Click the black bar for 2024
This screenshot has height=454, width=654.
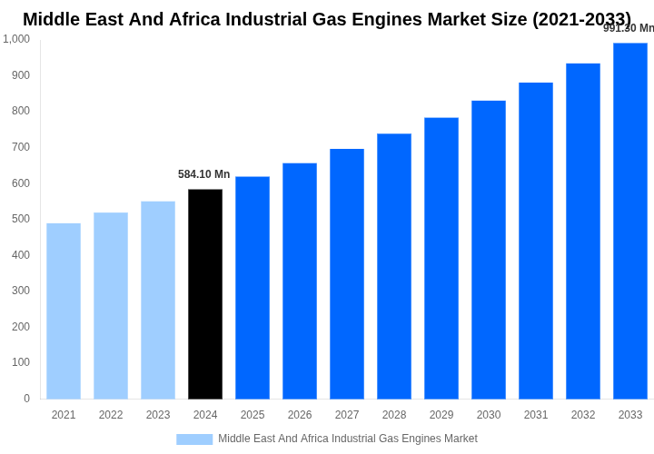pyautogui.click(x=205, y=294)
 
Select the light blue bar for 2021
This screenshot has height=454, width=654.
pyautogui.click(x=64, y=311)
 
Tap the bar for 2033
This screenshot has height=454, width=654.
pyautogui.click(x=630, y=221)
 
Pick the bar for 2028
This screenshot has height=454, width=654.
pyautogui.click(x=394, y=266)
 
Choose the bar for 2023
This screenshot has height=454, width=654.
pyautogui.click(x=158, y=300)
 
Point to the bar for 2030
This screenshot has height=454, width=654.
pyautogui.click(x=489, y=250)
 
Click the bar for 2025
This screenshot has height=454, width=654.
pyautogui.click(x=253, y=288)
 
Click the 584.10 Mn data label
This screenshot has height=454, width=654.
pyautogui.click(x=204, y=174)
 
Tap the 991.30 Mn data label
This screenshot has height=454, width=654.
pyautogui.click(x=629, y=28)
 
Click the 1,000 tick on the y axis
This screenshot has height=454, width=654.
pyautogui.click(x=16, y=39)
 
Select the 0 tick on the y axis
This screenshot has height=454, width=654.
pyautogui.click(x=26, y=399)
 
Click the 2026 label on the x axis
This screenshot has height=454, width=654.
pyautogui.click(x=300, y=415)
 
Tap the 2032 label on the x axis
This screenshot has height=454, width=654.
pyautogui.click(x=583, y=415)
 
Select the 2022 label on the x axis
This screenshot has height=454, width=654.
pyautogui.click(x=111, y=415)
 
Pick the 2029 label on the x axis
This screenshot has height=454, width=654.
pyautogui.click(x=441, y=415)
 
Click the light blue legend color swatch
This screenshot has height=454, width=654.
pyautogui.click(x=194, y=439)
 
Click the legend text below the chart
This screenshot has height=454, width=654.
pyautogui.click(x=347, y=439)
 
